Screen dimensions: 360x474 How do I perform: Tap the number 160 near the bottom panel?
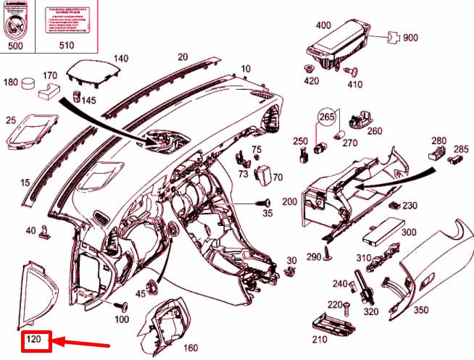click(x=190, y=348)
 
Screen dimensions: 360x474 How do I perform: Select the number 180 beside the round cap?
click(x=11, y=82)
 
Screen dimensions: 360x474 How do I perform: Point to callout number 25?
click(x=11, y=120)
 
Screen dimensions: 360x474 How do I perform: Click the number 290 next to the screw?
click(x=313, y=258)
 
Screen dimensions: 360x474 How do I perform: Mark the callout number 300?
click(x=409, y=232)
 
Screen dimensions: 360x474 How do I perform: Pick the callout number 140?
click(x=120, y=59)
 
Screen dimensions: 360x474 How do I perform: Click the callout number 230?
click(x=410, y=206)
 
